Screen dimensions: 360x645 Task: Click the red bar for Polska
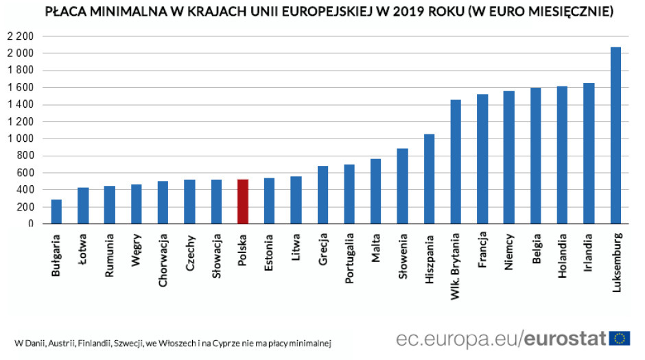tap(242, 202)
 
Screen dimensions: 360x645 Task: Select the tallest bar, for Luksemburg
tap(615, 135)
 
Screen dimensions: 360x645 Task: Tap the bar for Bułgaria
tap(56, 211)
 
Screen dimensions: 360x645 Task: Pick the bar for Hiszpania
tap(429, 178)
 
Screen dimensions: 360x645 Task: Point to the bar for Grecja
tap(322, 195)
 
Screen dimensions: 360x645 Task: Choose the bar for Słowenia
tap(402, 186)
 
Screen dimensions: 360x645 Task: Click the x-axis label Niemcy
tap(509, 253)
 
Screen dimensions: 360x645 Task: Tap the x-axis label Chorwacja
tap(163, 261)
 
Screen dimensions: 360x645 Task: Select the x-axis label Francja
tap(482, 254)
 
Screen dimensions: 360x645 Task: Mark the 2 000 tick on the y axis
tap(21, 53)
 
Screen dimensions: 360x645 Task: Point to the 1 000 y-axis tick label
tap(21, 139)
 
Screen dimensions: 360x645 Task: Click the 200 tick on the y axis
tap(26, 206)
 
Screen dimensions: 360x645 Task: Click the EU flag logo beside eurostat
tap(620, 338)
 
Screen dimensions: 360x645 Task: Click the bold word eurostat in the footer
tap(566, 338)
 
